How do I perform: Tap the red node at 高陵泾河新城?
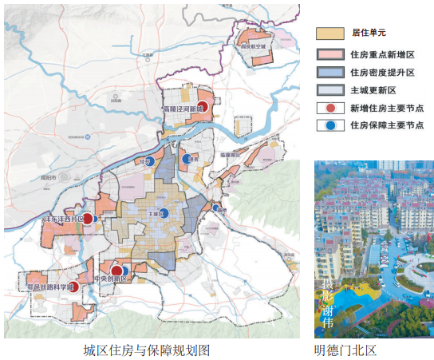point(203,106)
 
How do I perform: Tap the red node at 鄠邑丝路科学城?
point(74,287)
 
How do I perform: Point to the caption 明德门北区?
point(345,350)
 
